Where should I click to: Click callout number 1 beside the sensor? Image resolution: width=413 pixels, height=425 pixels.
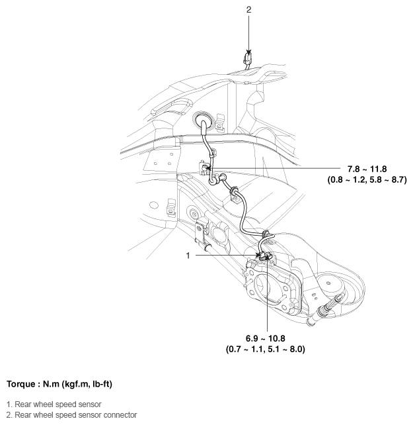pyautogui.click(x=190, y=254)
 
